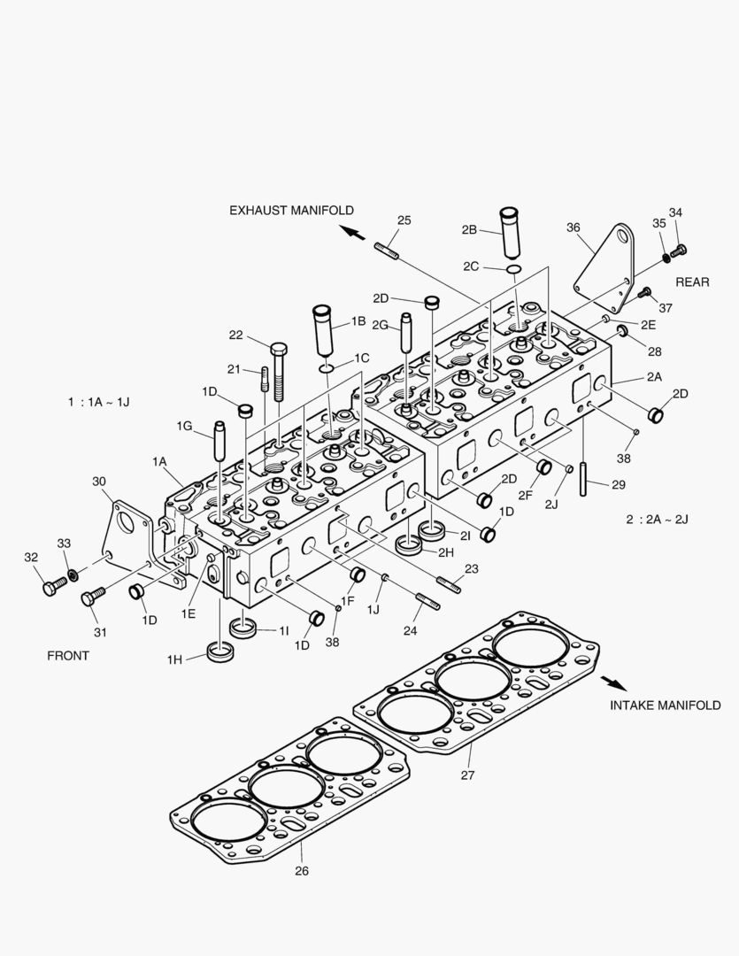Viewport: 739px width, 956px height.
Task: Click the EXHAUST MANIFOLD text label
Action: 291,211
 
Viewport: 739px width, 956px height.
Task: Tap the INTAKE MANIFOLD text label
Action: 665,705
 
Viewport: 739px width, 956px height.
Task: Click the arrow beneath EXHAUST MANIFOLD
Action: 352,233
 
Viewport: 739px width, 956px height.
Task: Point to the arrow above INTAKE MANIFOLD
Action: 612,682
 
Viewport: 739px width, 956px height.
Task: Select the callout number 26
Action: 301,870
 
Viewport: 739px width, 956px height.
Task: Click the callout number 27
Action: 467,775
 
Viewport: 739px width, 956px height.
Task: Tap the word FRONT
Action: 68,656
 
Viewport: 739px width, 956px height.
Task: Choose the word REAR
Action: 692,282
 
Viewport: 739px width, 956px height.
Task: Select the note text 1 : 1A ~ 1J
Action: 98,402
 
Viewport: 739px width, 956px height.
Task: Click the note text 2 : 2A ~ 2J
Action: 657,519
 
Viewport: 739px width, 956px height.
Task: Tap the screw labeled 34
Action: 680,251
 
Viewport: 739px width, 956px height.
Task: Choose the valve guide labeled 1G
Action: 219,443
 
